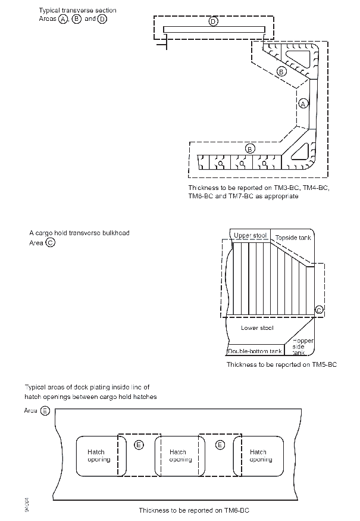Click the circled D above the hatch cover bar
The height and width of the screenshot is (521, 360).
click(x=213, y=21)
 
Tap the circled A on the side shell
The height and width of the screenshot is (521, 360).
click(x=303, y=103)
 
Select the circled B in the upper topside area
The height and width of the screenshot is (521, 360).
click(x=282, y=71)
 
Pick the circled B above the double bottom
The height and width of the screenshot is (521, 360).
click(x=251, y=148)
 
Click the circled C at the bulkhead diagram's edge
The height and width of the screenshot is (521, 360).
click(x=319, y=310)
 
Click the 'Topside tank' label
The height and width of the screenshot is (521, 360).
click(x=293, y=238)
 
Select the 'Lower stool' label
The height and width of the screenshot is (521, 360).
click(x=257, y=328)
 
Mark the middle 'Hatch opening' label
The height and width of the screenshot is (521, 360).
click(x=178, y=456)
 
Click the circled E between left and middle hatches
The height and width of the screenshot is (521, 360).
click(x=139, y=445)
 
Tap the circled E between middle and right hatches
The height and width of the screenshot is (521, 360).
click(x=220, y=445)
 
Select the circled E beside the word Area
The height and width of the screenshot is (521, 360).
click(x=46, y=411)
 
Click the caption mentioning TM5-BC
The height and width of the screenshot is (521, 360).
click(x=281, y=364)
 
